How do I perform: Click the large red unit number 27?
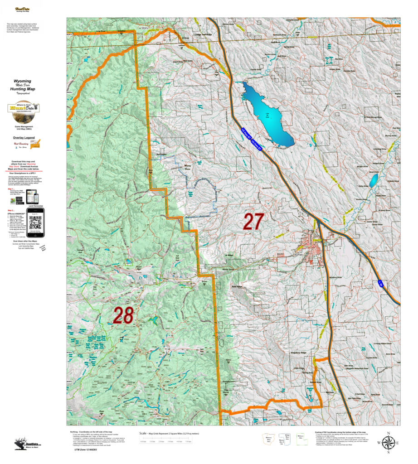point(253,222)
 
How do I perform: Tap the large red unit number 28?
point(123,315)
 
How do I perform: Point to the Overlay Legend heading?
point(24,137)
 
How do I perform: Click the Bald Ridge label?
point(237,287)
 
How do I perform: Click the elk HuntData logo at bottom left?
point(26,444)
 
